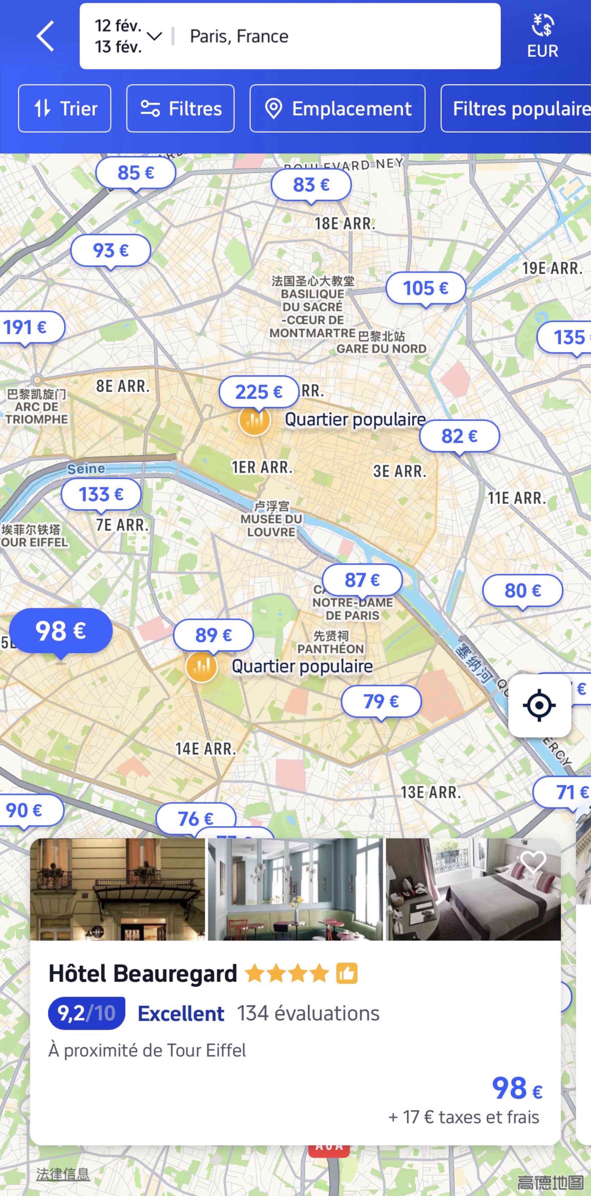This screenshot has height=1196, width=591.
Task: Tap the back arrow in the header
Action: (x=45, y=36)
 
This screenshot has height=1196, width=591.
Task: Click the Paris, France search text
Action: (x=239, y=36)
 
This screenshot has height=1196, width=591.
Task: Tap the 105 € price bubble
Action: (x=426, y=288)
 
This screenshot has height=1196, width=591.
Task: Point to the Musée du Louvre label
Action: (x=271, y=519)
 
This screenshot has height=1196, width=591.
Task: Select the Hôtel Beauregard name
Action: (x=143, y=974)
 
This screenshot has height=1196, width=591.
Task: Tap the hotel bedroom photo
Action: (x=473, y=889)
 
